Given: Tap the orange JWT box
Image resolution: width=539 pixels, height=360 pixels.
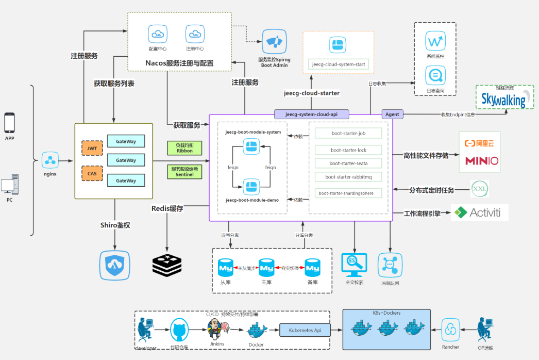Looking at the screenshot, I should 92,148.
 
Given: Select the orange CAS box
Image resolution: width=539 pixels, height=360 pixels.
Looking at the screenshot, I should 92,173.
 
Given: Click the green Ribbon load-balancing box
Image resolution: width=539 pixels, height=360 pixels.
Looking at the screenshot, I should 184,148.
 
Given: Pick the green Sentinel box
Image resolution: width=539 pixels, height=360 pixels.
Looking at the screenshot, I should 184,172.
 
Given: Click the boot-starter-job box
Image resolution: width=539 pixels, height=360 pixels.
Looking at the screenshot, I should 348,134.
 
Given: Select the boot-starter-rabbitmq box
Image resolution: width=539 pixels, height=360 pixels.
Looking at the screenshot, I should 348,177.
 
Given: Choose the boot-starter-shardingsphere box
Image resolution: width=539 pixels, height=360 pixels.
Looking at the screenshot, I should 348,193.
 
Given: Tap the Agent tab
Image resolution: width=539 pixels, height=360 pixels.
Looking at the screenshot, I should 392,114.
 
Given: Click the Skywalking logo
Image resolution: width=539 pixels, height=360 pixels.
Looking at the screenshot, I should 503,99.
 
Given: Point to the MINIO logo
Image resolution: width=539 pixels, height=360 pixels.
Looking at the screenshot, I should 482,161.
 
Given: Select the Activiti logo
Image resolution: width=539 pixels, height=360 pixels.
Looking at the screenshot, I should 480,212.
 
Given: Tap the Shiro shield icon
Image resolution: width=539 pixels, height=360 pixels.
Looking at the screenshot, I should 114,265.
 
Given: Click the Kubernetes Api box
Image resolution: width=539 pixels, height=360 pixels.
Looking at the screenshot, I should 305,330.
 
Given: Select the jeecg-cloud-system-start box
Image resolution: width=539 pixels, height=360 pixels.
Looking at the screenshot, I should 339,64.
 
